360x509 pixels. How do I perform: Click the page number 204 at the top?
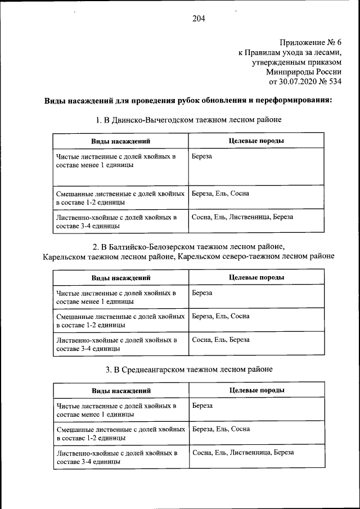click(198, 18)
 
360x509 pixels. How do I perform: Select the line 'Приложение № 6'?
click(310, 42)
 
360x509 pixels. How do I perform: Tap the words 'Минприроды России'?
click(304, 72)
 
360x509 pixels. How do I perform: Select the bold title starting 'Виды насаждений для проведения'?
click(188, 101)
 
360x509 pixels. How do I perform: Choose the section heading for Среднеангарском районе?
click(189, 370)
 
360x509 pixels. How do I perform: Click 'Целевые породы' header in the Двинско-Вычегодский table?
click(256, 141)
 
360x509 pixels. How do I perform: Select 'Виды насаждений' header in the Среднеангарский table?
click(120, 390)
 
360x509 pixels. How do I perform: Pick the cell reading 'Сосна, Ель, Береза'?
click(220, 340)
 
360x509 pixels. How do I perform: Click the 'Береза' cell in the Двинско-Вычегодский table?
click(202, 156)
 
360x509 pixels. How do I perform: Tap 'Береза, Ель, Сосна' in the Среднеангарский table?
click(220, 429)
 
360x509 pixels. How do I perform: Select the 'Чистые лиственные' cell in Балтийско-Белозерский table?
click(116, 297)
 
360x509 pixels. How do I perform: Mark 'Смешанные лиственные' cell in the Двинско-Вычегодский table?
click(120, 197)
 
